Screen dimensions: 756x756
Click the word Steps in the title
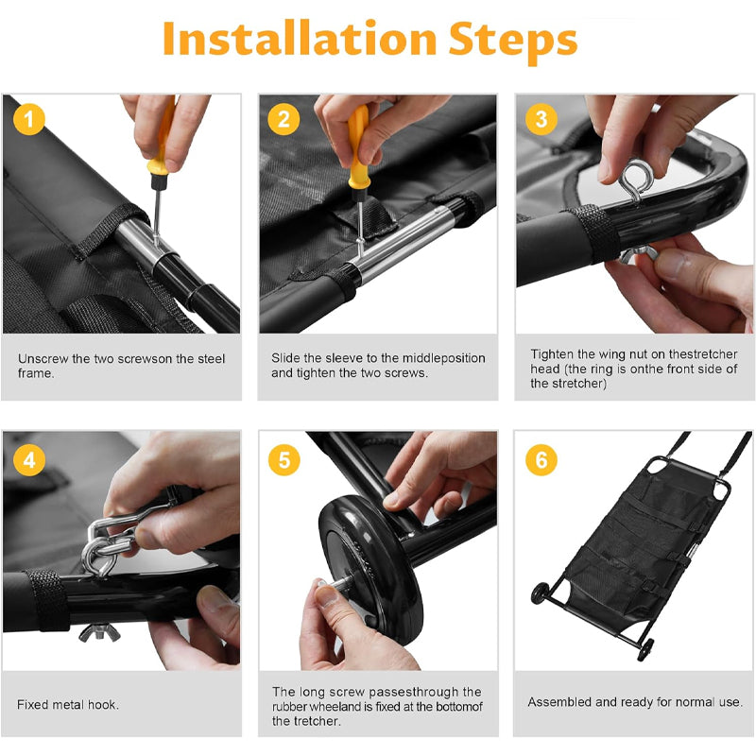512,42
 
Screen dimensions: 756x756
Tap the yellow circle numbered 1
29,119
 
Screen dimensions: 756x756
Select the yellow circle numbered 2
284,119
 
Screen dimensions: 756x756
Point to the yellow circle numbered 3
541,119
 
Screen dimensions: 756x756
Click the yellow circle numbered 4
29,459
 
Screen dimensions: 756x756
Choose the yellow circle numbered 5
284,459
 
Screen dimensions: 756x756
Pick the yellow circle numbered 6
541,459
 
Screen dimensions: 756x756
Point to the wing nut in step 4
100,632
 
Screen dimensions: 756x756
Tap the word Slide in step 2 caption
285,358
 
